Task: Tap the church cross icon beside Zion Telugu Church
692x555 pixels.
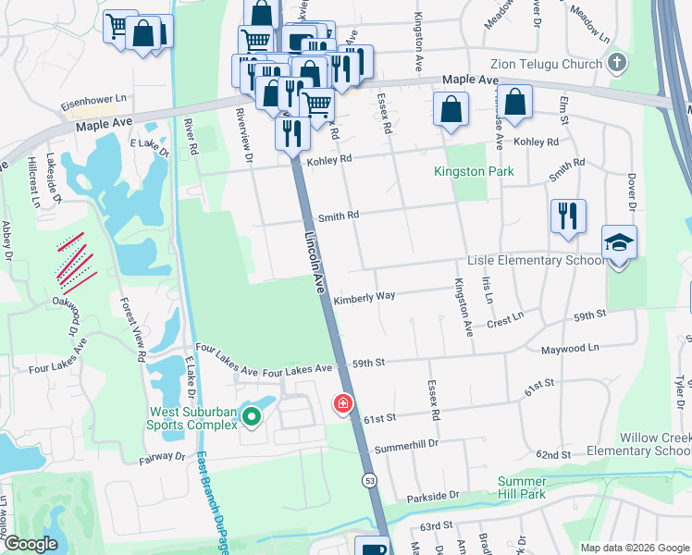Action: pyautogui.click(x=617, y=63)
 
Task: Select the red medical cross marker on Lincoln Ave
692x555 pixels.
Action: pyautogui.click(x=343, y=404)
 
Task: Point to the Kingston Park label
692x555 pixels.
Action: pyautogui.click(x=474, y=172)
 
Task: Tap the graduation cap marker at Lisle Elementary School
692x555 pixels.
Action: pyautogui.click(x=619, y=242)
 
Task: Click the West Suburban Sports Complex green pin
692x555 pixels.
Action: pyautogui.click(x=253, y=420)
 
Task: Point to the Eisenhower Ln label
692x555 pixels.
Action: pyautogui.click(x=93, y=97)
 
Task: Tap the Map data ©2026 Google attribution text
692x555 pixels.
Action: pyautogui.click(x=634, y=548)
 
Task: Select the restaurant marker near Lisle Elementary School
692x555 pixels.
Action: pyautogui.click(x=568, y=216)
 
